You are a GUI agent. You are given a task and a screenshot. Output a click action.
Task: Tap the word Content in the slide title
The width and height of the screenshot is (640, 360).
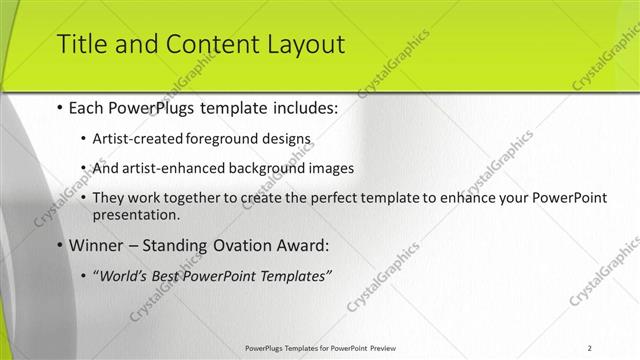coord(200,44)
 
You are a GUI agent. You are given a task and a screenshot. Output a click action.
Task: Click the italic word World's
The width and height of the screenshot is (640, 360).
coord(122,276)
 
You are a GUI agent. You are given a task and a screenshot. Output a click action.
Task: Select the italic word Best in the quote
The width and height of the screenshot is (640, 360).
coord(167,276)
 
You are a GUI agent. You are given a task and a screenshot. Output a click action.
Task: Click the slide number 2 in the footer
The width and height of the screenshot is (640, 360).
coord(590,347)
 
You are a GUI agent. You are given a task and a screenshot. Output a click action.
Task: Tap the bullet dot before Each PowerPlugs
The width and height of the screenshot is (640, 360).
coord(60,106)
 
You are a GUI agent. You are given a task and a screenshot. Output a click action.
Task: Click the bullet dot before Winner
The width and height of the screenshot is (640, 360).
coord(60,245)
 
